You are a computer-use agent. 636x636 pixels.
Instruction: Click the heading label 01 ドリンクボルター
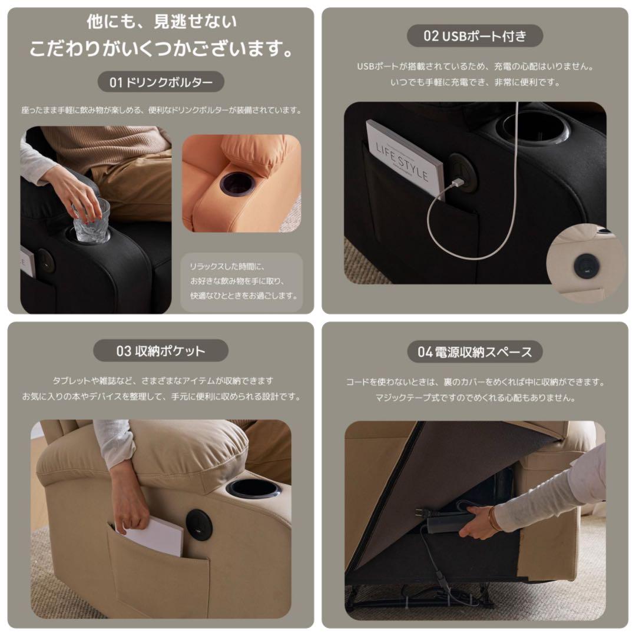[161, 82]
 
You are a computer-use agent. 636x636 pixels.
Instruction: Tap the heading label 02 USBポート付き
[475, 36]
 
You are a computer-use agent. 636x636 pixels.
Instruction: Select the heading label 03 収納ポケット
[161, 351]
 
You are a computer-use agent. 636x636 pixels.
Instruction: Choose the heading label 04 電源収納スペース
[475, 352]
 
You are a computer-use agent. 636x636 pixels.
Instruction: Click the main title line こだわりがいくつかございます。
[161, 48]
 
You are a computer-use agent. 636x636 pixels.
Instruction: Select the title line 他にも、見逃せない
[161, 22]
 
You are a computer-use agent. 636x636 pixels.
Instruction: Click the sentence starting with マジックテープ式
[475, 397]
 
